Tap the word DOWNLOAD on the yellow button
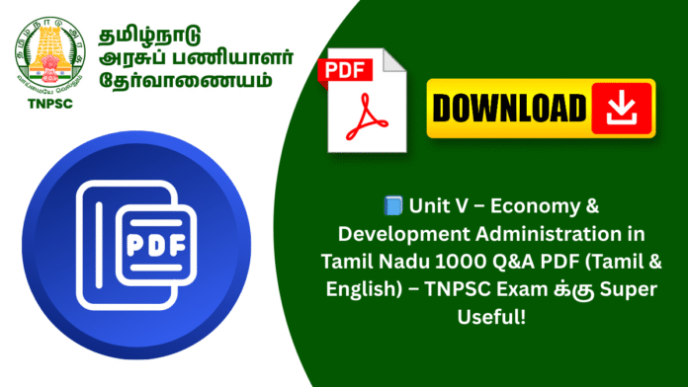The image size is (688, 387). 507,106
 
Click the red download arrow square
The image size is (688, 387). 622,106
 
